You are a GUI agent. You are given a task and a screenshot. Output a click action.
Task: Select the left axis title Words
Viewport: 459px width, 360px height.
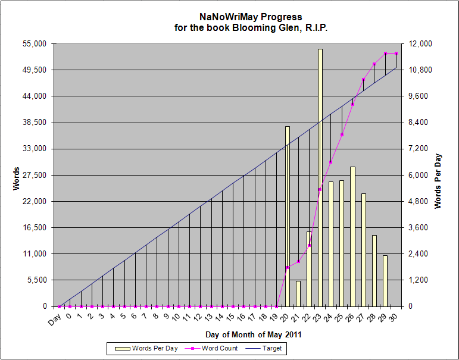[x=16, y=178]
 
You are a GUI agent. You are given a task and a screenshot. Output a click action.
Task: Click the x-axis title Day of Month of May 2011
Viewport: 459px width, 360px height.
[x=254, y=334]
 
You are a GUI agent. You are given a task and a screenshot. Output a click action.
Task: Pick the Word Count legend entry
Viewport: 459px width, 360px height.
[x=213, y=348]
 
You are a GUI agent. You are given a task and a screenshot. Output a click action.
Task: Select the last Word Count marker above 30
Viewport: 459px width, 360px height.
[x=396, y=54]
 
